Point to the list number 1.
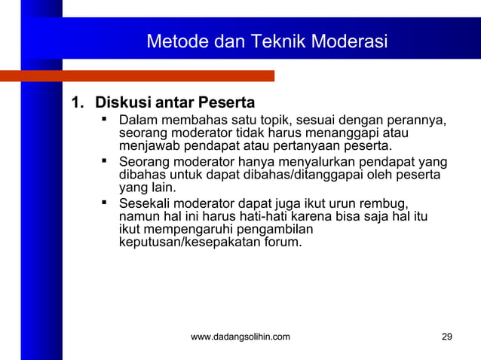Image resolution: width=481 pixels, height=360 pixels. (x=75, y=102)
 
